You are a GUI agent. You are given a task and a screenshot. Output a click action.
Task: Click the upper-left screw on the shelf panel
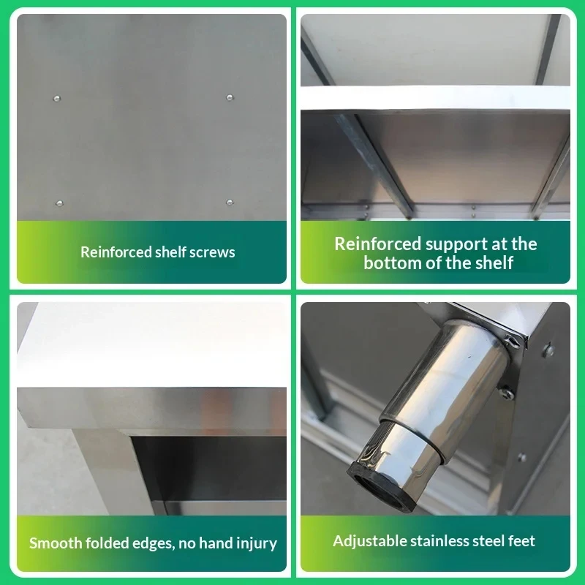tap(57, 99)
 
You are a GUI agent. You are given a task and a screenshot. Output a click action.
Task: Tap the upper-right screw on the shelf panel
tap(230, 97)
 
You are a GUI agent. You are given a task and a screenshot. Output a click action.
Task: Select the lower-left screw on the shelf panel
tap(59, 203)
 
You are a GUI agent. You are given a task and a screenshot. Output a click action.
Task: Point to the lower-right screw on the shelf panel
tap(230, 203)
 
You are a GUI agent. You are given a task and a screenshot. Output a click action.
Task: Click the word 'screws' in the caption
tap(212, 252)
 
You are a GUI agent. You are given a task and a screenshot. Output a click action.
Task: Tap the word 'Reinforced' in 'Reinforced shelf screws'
tap(116, 252)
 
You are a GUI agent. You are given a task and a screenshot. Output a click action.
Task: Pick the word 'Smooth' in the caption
tap(56, 543)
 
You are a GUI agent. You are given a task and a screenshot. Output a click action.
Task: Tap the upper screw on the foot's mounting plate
tap(512, 341)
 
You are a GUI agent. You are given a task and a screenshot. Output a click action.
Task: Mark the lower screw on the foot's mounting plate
tap(507, 393)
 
